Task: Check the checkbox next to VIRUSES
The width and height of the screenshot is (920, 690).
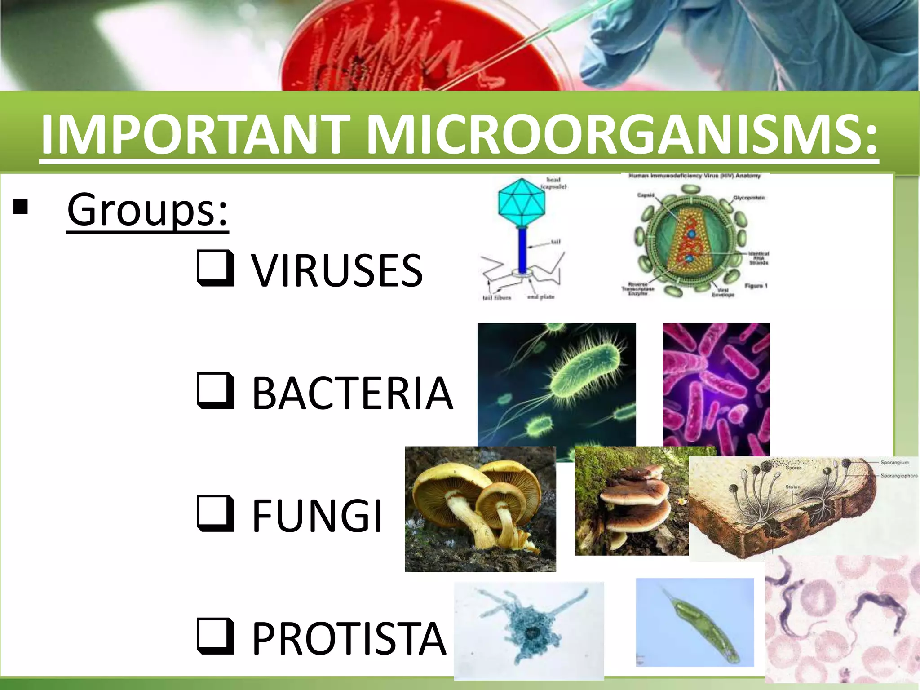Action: point(216,268)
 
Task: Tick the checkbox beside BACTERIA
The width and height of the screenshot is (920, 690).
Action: point(216,391)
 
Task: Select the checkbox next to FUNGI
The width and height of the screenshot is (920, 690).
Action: point(216,514)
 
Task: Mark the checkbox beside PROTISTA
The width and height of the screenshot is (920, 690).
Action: point(216,637)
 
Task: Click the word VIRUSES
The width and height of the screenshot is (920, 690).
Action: point(337,270)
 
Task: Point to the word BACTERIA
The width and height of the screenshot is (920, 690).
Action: point(353,394)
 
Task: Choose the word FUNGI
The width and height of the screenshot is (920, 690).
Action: point(317,516)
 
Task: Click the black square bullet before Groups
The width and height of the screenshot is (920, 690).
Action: point(21,208)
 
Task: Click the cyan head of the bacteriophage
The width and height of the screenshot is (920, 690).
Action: point(521,203)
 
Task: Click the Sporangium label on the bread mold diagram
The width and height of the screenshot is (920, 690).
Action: point(894,462)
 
